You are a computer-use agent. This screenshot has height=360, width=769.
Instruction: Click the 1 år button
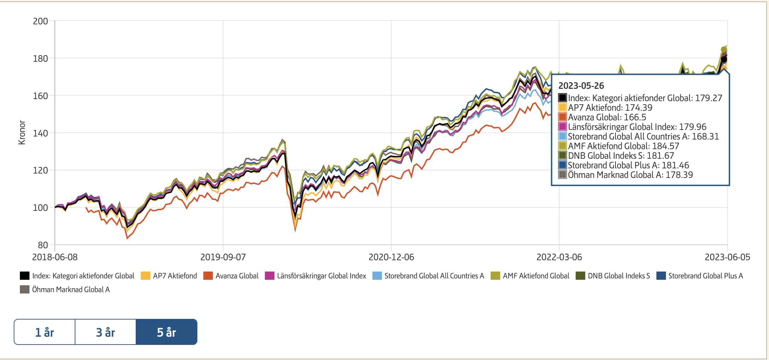pyautogui.click(x=45, y=332)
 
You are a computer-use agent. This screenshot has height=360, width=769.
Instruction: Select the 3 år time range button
pyautogui.click(x=106, y=332)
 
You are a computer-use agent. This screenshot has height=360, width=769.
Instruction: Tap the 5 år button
pyautogui.click(x=167, y=332)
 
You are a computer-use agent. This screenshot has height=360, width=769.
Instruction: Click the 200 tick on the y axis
pyautogui.click(x=40, y=21)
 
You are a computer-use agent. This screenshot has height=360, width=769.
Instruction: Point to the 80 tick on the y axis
pyautogui.click(x=43, y=245)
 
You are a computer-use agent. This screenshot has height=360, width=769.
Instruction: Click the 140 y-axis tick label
pyautogui.click(x=40, y=133)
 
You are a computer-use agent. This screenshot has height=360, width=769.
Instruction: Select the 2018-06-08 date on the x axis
pyautogui.click(x=55, y=257)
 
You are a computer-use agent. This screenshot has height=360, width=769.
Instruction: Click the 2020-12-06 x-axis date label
pyautogui.click(x=391, y=257)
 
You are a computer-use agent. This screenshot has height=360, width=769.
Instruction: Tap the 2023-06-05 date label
pyautogui.click(x=727, y=257)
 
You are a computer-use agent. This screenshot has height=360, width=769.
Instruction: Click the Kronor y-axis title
pyautogui.click(x=22, y=133)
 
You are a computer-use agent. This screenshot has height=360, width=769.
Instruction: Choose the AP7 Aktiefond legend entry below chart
pyautogui.click(x=175, y=276)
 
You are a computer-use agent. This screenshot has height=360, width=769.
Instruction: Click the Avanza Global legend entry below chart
pyautogui.click(x=237, y=276)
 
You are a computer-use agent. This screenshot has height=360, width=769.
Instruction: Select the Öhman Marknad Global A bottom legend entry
pyautogui.click(x=71, y=290)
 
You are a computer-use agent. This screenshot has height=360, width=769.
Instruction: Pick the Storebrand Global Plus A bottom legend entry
pyautogui.click(x=705, y=276)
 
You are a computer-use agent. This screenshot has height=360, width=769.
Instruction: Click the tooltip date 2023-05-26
pyautogui.click(x=581, y=86)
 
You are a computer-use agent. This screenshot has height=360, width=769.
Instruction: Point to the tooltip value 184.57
pyautogui.click(x=665, y=146)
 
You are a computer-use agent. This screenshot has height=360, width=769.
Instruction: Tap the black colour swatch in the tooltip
pyautogui.click(x=562, y=98)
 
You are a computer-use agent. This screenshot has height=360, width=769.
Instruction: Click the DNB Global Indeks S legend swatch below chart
pyautogui.click(x=580, y=276)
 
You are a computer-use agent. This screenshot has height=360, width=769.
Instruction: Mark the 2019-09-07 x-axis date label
pyautogui.click(x=223, y=257)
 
